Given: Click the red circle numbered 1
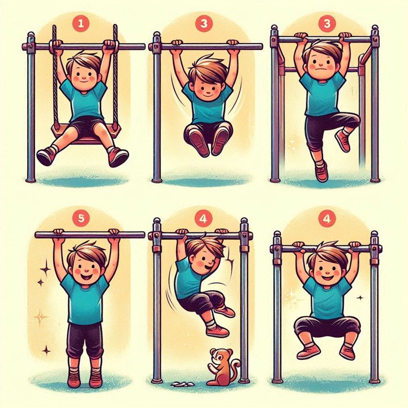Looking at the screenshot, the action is [80, 24].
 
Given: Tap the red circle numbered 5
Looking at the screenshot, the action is [81, 218].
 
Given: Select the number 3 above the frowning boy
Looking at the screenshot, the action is [327, 24].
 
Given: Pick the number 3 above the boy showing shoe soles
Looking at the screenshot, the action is [204, 24].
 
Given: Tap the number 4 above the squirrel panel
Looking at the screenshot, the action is [203, 218].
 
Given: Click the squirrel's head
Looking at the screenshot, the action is [217, 355].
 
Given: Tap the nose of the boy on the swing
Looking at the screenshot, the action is [83, 78].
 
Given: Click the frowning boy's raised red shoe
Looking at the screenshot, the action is [343, 141].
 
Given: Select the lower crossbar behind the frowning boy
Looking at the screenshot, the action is [322, 70].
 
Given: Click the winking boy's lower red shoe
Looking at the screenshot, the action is [218, 331].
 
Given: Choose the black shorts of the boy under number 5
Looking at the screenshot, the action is [84, 339].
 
